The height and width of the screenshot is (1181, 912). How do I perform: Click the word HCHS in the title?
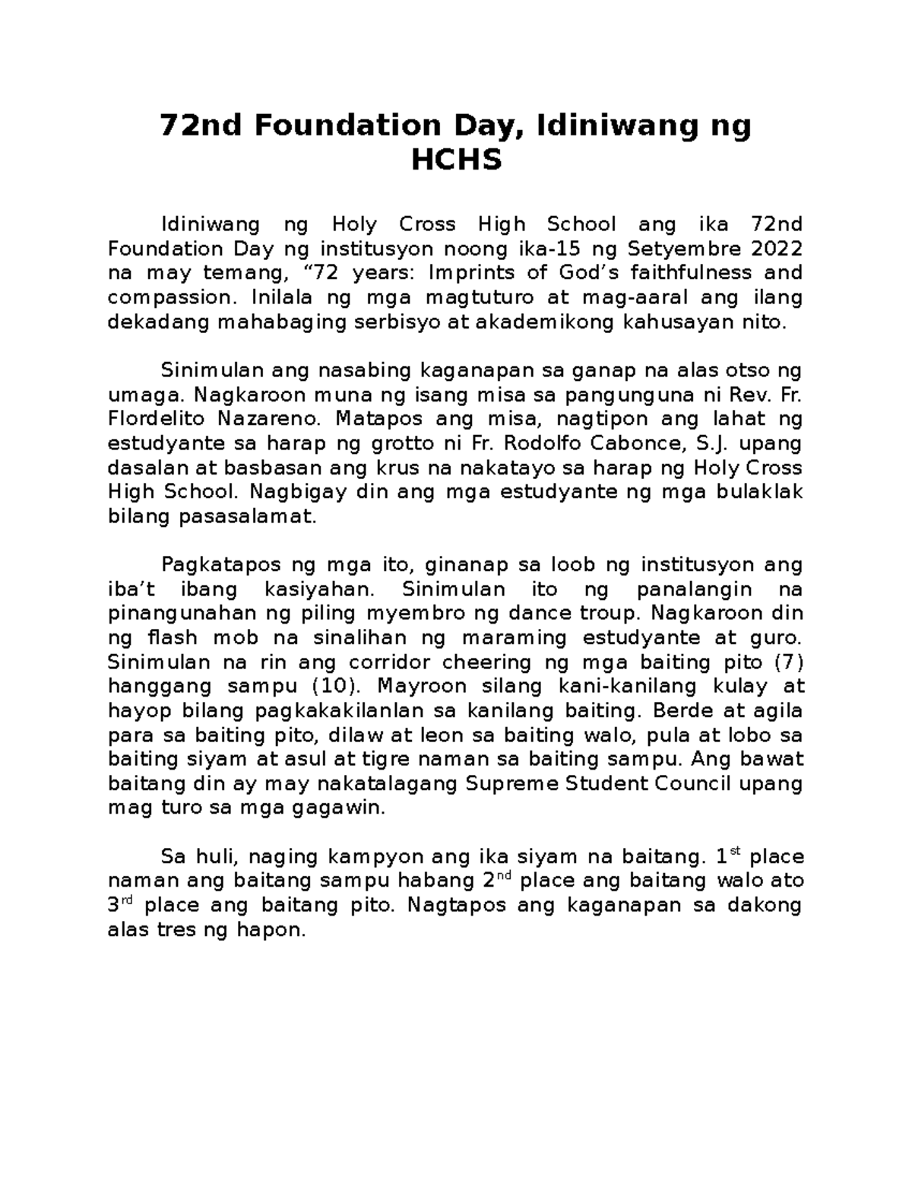(x=456, y=160)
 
